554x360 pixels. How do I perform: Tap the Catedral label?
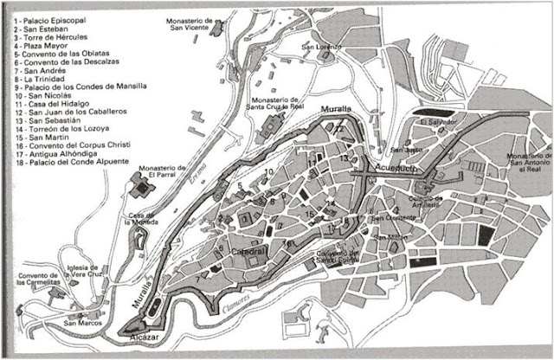(x=249, y=252)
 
